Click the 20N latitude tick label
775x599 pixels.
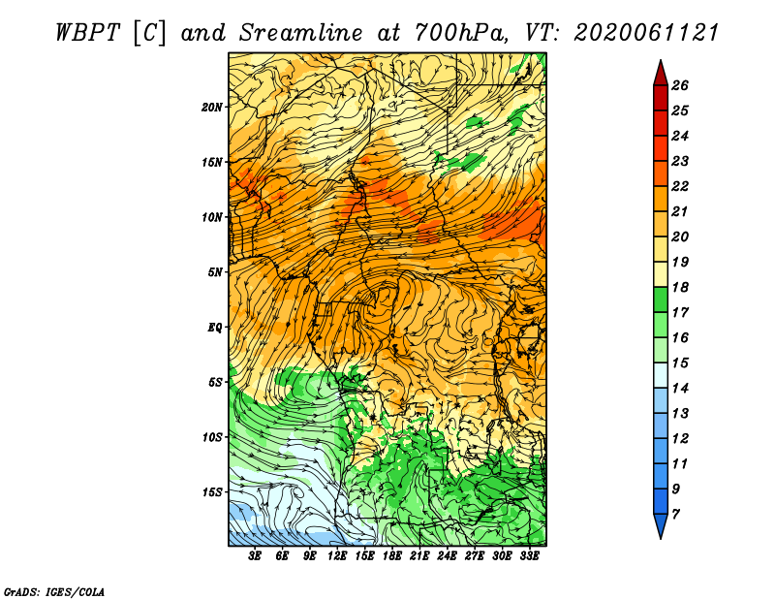click(211, 107)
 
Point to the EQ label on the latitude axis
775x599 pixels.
click(216, 327)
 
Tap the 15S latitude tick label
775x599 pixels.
click(211, 491)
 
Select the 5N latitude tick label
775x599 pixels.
click(214, 271)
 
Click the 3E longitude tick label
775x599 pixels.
click(256, 555)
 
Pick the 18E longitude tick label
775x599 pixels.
click(392, 555)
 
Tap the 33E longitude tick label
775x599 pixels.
click(529, 555)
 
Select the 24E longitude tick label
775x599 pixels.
click(448, 555)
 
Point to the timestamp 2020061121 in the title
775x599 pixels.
click(646, 32)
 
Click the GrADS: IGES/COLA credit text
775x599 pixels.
click(53, 590)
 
